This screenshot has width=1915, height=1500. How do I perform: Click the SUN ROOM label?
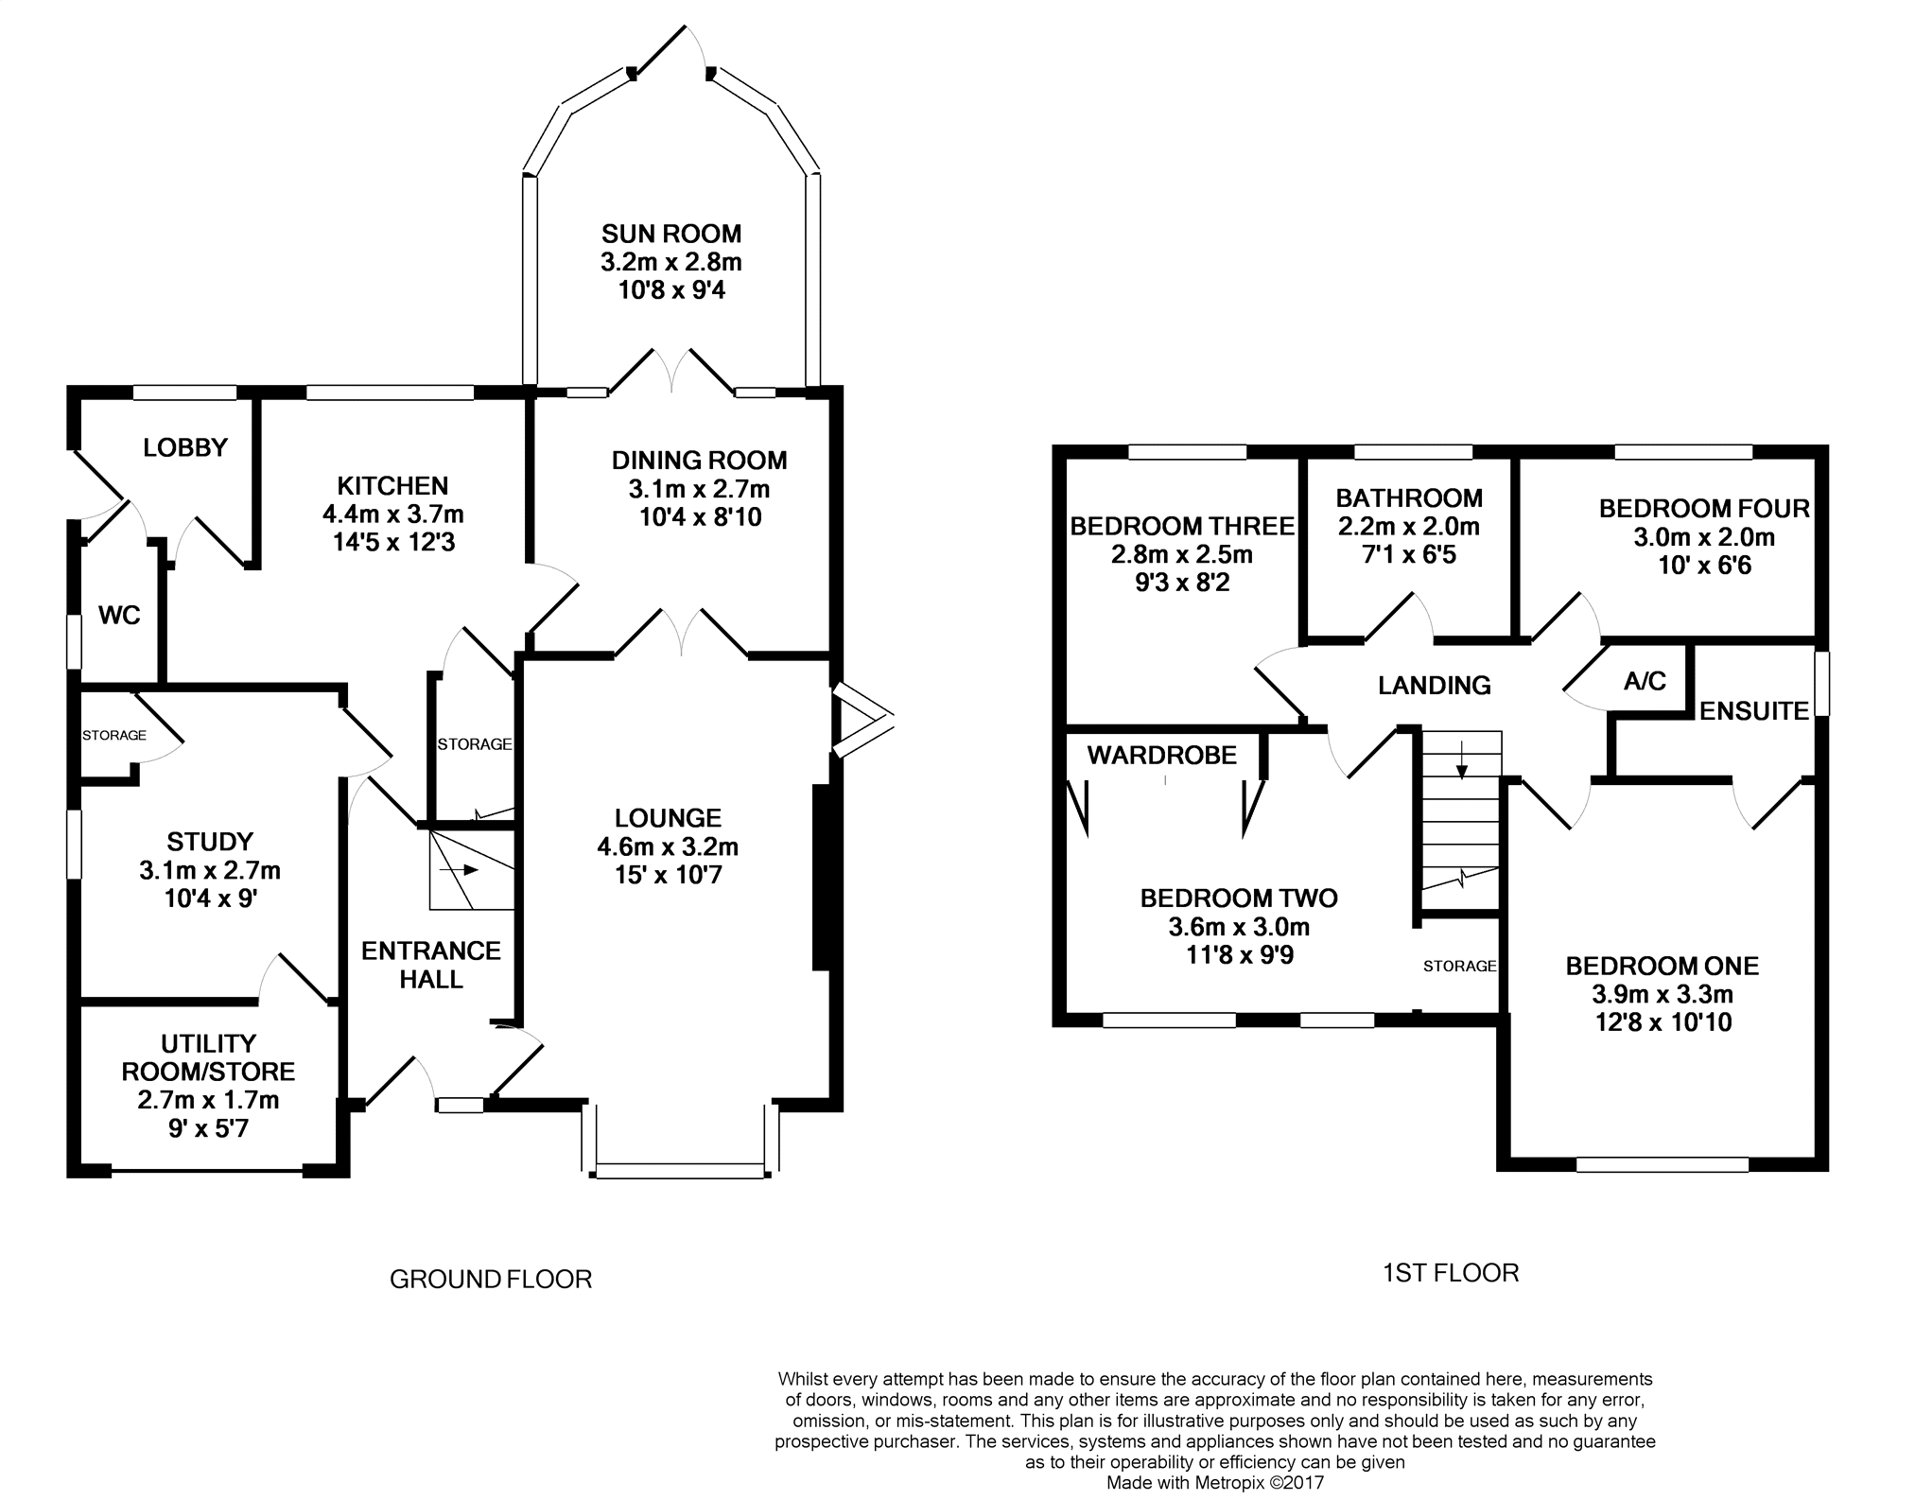click(x=671, y=234)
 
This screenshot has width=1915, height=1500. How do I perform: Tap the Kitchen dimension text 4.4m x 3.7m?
click(x=393, y=515)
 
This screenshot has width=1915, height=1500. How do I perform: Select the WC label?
click(x=119, y=616)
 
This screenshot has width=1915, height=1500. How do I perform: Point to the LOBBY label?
click(x=185, y=447)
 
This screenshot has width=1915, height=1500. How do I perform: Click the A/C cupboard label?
click(x=1645, y=681)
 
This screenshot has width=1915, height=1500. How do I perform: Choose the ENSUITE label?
click(x=1754, y=711)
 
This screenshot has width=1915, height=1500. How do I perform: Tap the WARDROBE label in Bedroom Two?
click(x=1162, y=755)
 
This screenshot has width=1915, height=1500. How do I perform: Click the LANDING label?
click(x=1435, y=685)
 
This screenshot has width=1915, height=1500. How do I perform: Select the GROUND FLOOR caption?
click(x=491, y=1280)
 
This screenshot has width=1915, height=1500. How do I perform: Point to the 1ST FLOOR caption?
click(x=1451, y=1273)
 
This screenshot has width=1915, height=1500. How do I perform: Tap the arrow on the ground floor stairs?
click(x=466, y=870)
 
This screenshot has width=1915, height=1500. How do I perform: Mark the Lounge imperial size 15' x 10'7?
click(x=669, y=876)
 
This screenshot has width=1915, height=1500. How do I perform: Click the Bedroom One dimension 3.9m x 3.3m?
click(x=1663, y=994)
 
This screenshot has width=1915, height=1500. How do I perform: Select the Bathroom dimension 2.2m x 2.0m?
click(x=1409, y=526)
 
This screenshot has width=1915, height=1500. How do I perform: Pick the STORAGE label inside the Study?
click(x=114, y=735)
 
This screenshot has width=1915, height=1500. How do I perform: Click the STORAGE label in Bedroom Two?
click(x=1460, y=966)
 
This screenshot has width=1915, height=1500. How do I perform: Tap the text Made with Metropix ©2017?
click(x=1215, y=1483)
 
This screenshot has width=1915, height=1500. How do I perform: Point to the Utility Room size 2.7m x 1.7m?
click(x=209, y=1100)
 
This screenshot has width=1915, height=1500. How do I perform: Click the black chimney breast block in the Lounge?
click(x=821, y=877)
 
